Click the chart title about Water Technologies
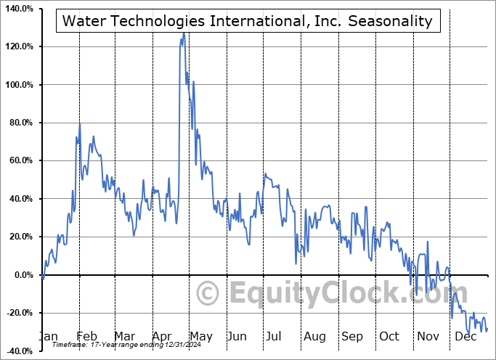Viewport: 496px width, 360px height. pos(247,20)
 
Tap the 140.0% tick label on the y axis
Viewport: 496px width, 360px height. pos(20,9)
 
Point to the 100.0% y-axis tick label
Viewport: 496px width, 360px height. pos(20,85)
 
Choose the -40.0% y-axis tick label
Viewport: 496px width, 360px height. pos(20,351)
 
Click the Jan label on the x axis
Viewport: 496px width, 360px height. pos(48,337)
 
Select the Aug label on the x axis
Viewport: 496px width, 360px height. pos(314,337)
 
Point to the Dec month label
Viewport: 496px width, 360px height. pos(465,337)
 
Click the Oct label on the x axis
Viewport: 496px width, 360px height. pos(389,337)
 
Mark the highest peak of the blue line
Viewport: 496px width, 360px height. pos(184,33)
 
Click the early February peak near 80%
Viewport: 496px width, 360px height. pos(80,124)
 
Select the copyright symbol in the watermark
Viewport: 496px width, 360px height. pos(209,295)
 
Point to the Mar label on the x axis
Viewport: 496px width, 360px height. pos(124,337)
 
